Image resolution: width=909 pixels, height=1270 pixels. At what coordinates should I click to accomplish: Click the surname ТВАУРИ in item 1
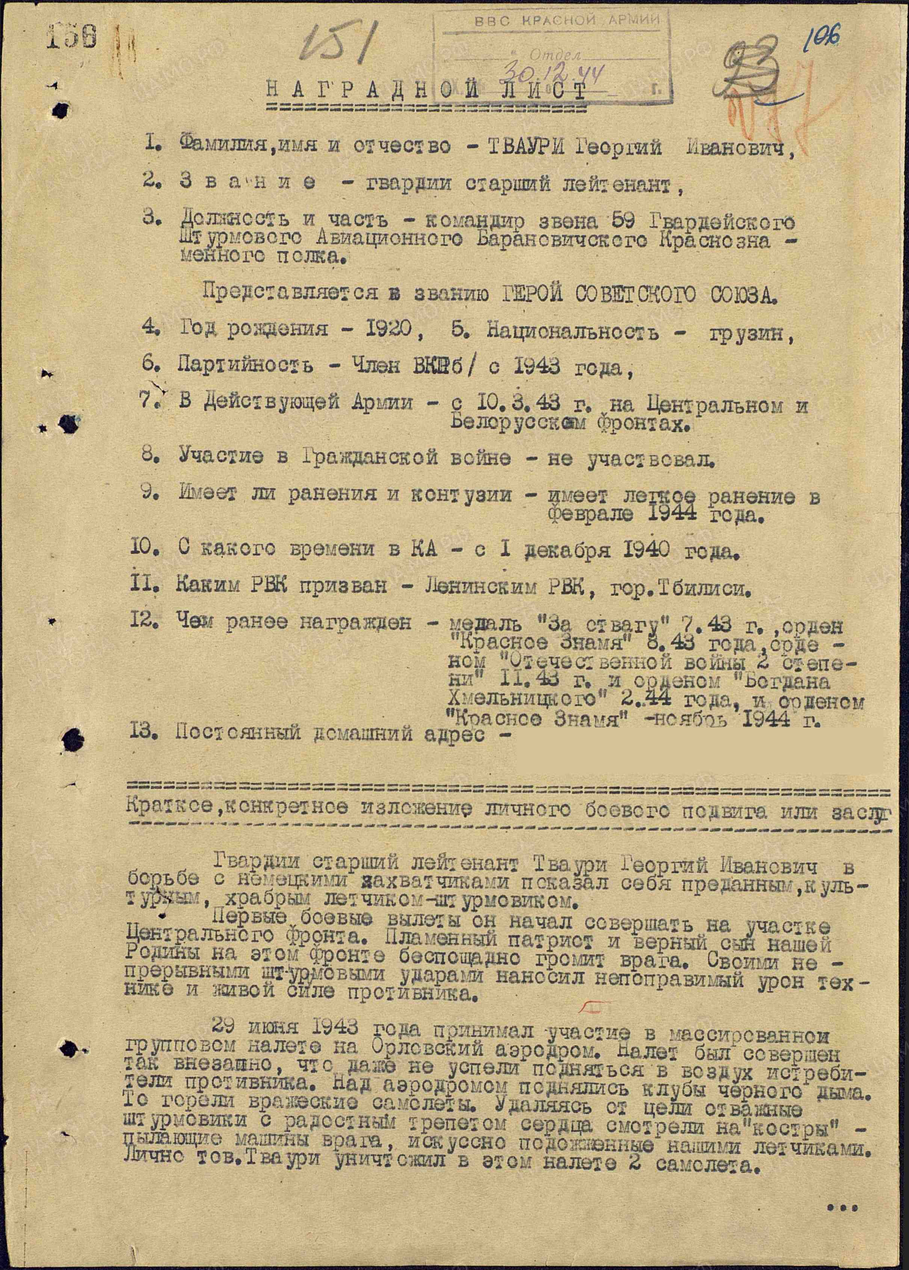pos(524,148)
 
